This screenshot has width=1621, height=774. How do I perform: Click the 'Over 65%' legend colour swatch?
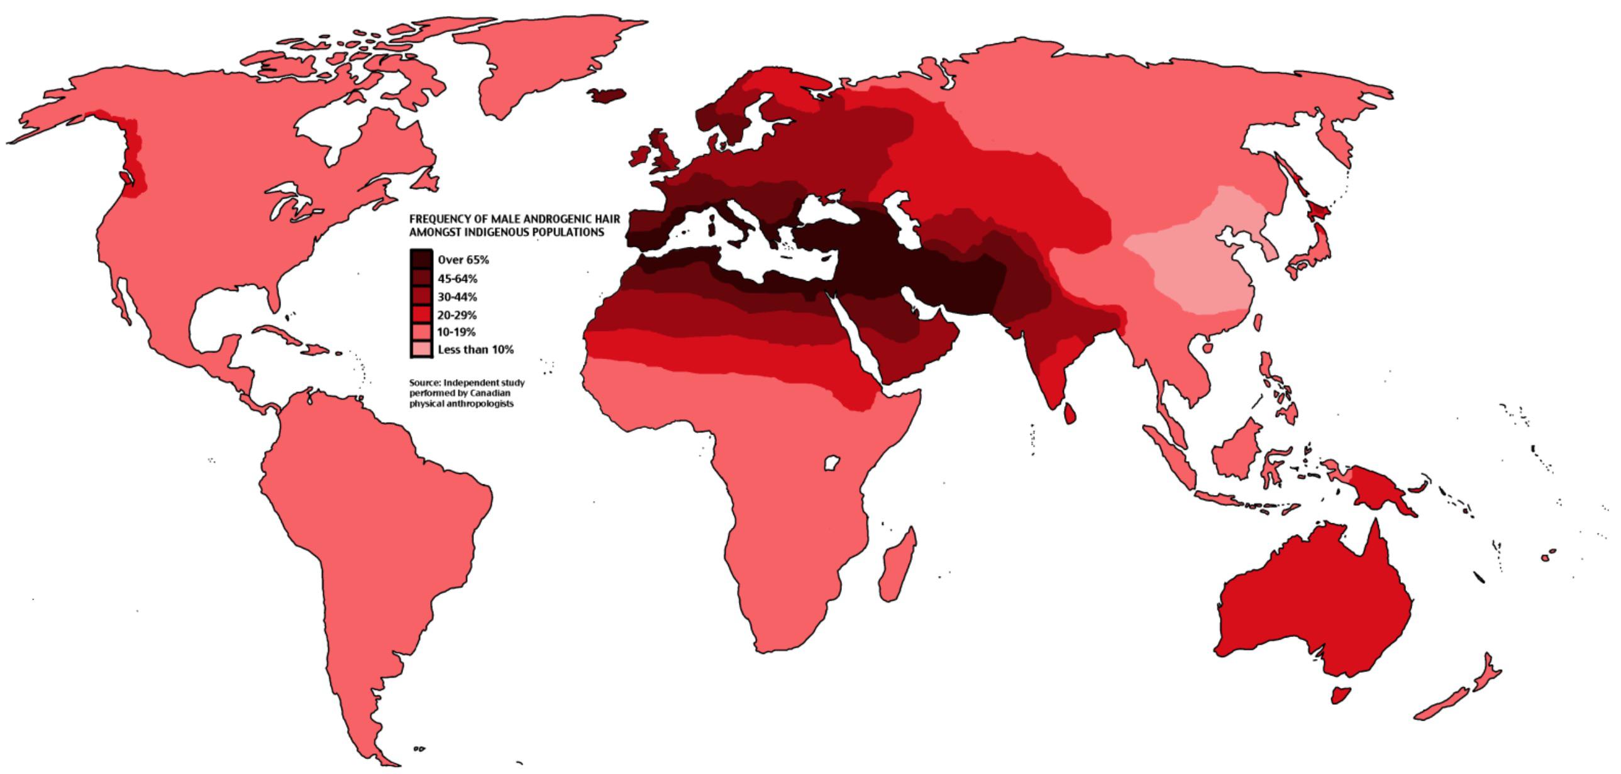(x=421, y=259)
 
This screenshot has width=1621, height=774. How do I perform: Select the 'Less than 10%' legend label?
(x=475, y=349)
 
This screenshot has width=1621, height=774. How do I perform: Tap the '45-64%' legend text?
(x=457, y=278)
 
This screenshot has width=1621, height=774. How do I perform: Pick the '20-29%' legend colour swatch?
(x=421, y=314)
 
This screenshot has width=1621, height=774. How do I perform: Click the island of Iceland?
(x=607, y=95)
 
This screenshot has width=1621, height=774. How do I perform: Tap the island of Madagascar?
(x=895, y=566)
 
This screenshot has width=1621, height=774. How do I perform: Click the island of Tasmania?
(x=1341, y=695)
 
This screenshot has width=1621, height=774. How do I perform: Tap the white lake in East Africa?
(x=832, y=464)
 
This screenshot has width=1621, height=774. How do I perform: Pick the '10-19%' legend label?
(x=456, y=332)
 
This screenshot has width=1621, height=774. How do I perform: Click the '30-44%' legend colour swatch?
(x=421, y=296)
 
